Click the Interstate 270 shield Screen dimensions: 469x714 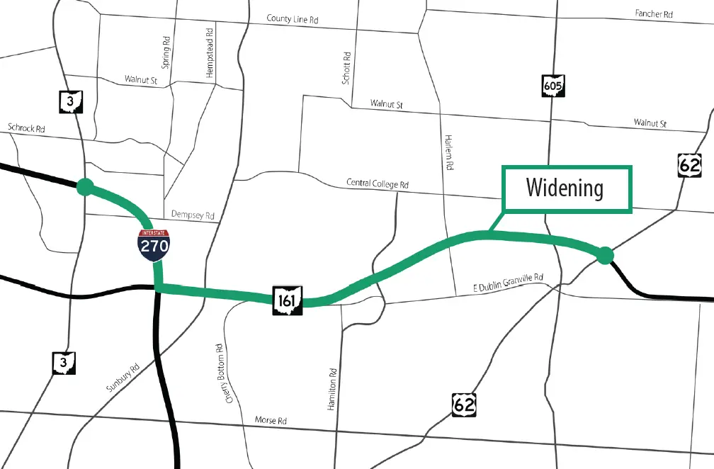(x=154, y=245)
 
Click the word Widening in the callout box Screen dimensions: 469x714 (x=565, y=188)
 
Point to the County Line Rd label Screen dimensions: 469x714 (x=293, y=19)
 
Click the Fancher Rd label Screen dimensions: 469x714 (x=653, y=13)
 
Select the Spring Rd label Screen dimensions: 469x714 (x=166, y=54)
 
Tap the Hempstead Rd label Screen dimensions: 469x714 (x=209, y=54)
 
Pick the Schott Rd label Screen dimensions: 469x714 (x=346, y=68)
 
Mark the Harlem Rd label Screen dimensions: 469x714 (x=448, y=152)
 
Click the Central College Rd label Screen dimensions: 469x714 (x=378, y=183)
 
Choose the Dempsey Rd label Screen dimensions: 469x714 (x=193, y=215)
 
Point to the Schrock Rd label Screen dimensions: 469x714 (x=26, y=128)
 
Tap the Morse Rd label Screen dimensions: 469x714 (x=270, y=421)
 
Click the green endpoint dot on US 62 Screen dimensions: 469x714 (x=604, y=255)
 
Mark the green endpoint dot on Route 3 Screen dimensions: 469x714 (x=85, y=186)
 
